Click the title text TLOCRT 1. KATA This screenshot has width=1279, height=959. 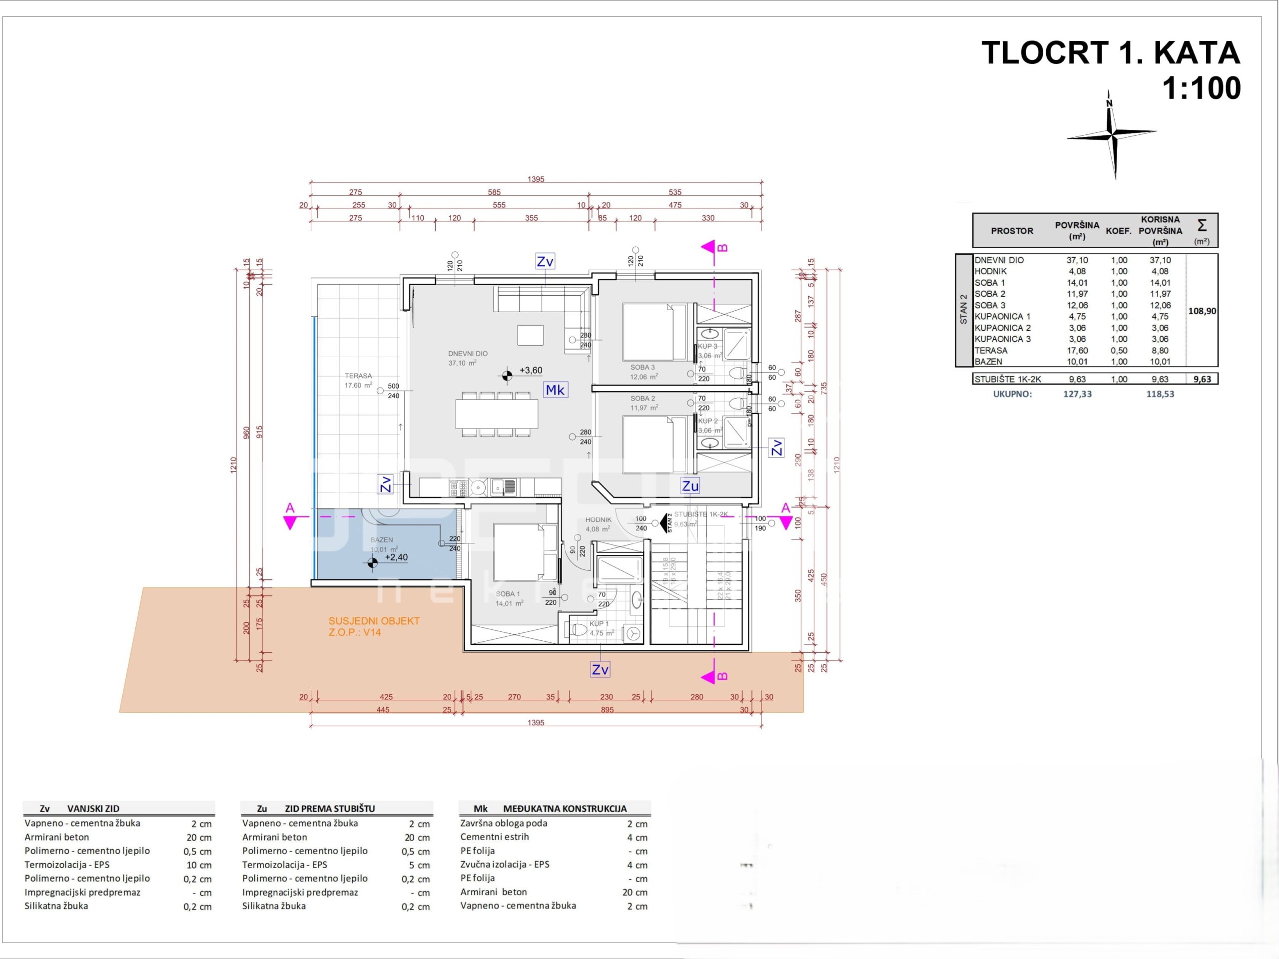click(x=1110, y=53)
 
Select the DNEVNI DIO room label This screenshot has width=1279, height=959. click(x=467, y=353)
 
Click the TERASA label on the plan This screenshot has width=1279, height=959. click(x=358, y=376)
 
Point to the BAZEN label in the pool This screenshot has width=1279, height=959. click(x=382, y=539)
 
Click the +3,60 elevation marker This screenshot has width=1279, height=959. click(x=530, y=371)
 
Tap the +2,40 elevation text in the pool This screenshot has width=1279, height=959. click(x=396, y=557)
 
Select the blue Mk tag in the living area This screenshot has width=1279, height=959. click(x=555, y=390)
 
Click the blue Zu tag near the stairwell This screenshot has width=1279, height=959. click(x=690, y=485)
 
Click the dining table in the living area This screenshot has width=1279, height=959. click(x=496, y=413)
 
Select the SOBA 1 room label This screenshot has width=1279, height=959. click(x=508, y=594)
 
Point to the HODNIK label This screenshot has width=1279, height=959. click(x=598, y=519)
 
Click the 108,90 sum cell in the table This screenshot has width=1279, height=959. click(x=1202, y=311)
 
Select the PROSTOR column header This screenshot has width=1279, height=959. click(x=1011, y=231)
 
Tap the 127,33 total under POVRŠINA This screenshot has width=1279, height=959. click(x=1077, y=394)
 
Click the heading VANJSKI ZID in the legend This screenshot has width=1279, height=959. click(x=93, y=809)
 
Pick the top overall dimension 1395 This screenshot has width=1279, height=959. click(x=536, y=179)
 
